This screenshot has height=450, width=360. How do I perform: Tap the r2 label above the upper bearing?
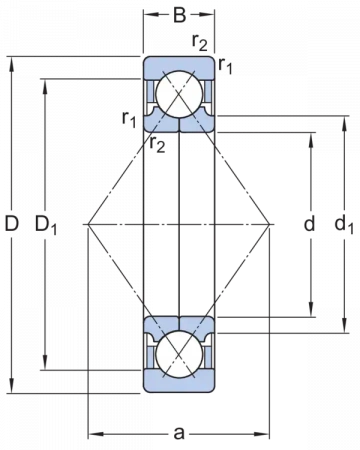201,43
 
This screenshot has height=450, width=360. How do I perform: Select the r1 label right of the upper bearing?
226,68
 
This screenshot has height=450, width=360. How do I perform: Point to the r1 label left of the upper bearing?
129,119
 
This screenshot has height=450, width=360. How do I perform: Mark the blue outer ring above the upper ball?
180,66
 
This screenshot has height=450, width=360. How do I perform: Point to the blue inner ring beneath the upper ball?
180,127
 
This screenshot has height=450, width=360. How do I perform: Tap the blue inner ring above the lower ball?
180,323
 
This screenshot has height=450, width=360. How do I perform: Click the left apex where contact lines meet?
87,224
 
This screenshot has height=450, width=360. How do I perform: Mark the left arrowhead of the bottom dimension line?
92,434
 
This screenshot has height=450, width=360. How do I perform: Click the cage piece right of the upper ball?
207,97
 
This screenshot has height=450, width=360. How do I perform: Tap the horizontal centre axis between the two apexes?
180,224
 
